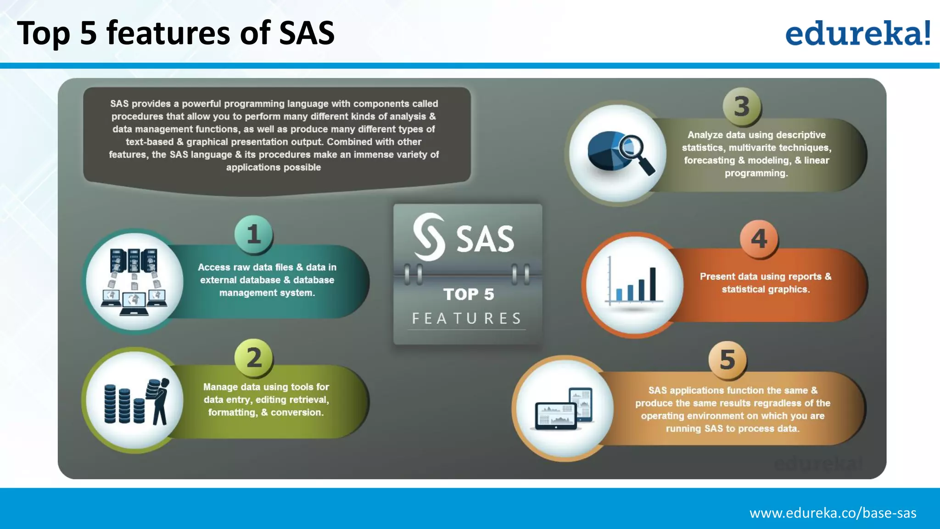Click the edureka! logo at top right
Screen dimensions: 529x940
click(x=857, y=33)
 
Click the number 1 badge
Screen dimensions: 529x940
click(x=254, y=234)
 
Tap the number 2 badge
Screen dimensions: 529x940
click(x=254, y=358)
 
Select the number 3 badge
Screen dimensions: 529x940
click(x=742, y=107)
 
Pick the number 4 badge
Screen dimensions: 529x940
click(x=759, y=239)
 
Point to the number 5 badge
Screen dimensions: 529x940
click(x=727, y=360)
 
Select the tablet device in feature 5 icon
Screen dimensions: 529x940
click(x=581, y=404)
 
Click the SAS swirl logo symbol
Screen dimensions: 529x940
click(x=429, y=237)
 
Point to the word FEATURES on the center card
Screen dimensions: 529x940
click(x=467, y=318)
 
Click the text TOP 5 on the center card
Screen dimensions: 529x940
click(x=469, y=294)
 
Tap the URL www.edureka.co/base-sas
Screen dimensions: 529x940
click(x=833, y=513)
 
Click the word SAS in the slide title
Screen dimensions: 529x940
click(x=307, y=33)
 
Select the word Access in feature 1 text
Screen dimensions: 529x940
click(x=214, y=267)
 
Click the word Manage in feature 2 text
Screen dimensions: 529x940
click(x=220, y=387)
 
